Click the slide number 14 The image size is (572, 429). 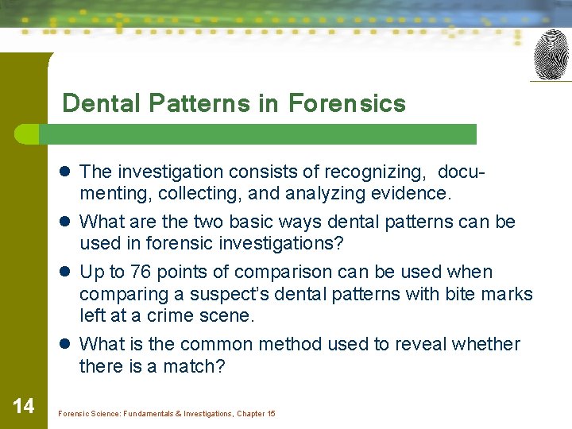24,407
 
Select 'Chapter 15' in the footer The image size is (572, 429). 256,414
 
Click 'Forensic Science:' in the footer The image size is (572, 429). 87,414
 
